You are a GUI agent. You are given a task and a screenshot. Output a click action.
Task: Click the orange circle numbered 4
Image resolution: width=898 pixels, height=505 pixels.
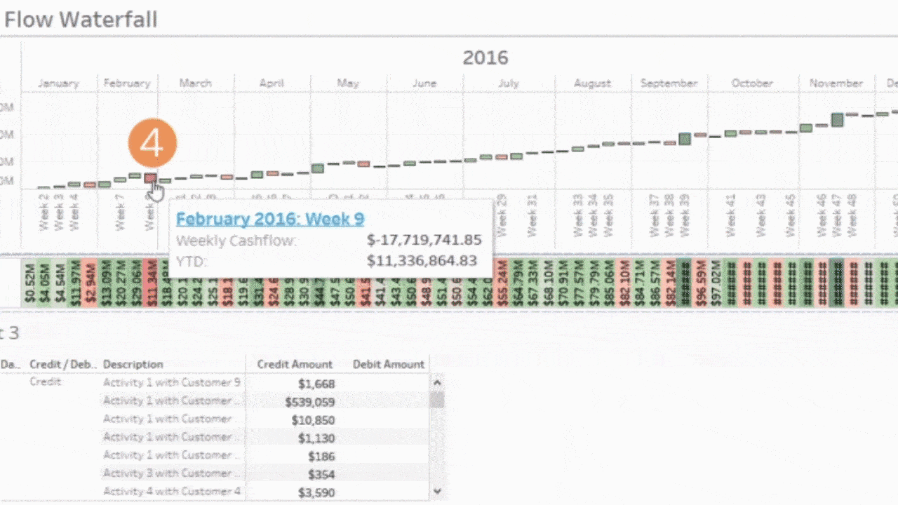pyautogui.click(x=152, y=144)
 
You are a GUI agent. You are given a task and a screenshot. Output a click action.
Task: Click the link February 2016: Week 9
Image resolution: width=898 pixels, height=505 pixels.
pyautogui.click(x=270, y=219)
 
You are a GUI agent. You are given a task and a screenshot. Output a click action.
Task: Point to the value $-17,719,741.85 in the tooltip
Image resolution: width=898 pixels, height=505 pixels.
pyautogui.click(x=424, y=241)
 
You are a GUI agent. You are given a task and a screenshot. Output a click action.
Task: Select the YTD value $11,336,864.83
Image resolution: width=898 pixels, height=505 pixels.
pyautogui.click(x=422, y=261)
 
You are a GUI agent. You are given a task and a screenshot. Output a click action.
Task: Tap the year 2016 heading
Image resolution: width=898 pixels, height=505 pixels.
pyautogui.click(x=485, y=58)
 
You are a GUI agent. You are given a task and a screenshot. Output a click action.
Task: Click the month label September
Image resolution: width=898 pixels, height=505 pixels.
pyautogui.click(x=669, y=83)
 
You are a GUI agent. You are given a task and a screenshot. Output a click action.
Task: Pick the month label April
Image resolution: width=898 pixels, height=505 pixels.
pyautogui.click(x=272, y=83)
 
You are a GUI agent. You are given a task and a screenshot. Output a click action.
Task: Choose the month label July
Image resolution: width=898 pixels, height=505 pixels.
pyautogui.click(x=509, y=83)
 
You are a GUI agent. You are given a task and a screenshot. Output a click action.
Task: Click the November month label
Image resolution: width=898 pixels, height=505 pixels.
pyautogui.click(x=836, y=83)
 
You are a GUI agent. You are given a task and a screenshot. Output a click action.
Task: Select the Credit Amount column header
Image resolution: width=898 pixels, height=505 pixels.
pyautogui.click(x=295, y=364)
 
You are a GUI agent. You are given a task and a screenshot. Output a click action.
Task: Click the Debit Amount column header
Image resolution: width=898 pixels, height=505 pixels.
pyautogui.click(x=388, y=364)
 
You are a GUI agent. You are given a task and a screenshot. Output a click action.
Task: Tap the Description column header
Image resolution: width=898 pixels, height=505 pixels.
pyautogui.click(x=133, y=364)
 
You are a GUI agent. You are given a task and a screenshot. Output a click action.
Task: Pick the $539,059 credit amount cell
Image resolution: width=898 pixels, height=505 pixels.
pyautogui.click(x=309, y=402)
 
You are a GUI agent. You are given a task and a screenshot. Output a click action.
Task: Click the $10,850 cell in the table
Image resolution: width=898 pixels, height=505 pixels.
pyautogui.click(x=313, y=420)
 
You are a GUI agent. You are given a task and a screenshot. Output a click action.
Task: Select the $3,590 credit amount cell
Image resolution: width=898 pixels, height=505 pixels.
pyautogui.click(x=317, y=492)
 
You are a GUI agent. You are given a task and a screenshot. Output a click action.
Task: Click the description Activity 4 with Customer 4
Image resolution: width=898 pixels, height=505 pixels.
pyautogui.click(x=172, y=491)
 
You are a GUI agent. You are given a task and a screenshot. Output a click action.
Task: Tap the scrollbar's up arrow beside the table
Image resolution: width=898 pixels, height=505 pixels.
pyautogui.click(x=437, y=383)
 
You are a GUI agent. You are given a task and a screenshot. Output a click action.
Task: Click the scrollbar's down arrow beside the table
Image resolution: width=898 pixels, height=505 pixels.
pyautogui.click(x=437, y=492)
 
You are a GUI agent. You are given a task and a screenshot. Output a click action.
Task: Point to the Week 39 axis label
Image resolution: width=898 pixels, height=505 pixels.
pyautogui.click(x=685, y=215)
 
